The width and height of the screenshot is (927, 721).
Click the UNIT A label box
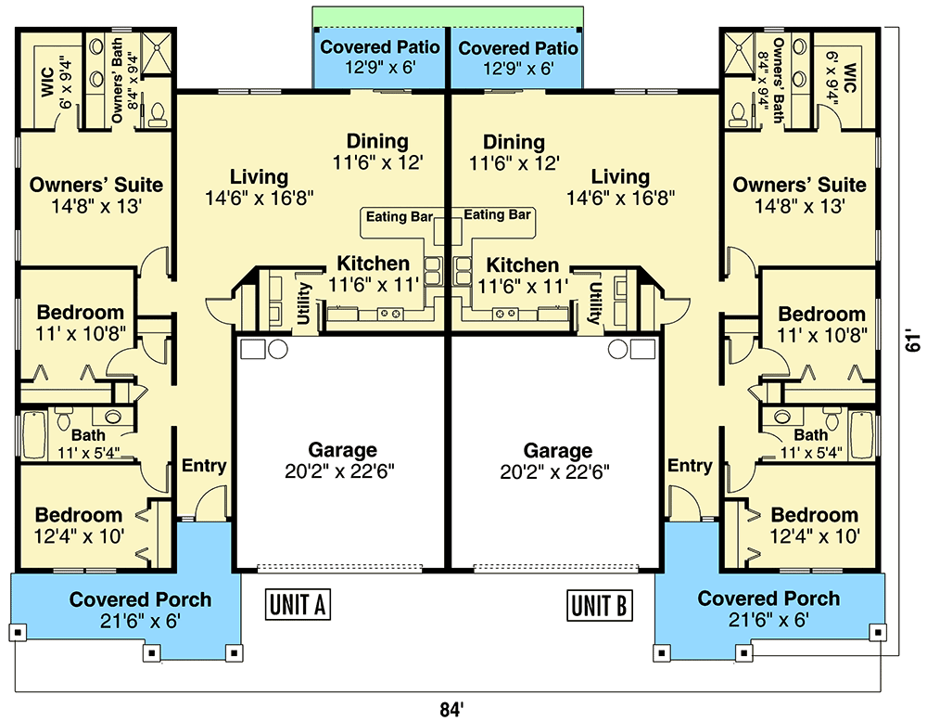(298, 605)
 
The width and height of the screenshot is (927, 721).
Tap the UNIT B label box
(599, 605)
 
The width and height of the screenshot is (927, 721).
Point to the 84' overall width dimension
(451, 710)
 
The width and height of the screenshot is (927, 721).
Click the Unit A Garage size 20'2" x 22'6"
(340, 470)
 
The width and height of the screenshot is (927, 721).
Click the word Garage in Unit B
(557, 450)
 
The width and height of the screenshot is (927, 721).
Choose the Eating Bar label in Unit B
(498, 215)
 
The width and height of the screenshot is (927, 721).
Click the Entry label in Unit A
(204, 466)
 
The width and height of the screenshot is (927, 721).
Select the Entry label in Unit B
(690, 466)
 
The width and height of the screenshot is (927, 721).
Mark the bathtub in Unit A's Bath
(34, 434)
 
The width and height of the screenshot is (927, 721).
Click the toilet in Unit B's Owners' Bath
(739, 114)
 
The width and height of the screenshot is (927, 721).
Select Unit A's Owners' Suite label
(96, 185)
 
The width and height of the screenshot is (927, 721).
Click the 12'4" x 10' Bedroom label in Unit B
(815, 515)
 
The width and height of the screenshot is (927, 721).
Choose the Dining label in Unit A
(377, 142)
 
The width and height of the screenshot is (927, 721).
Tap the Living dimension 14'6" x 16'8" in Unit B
(620, 197)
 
